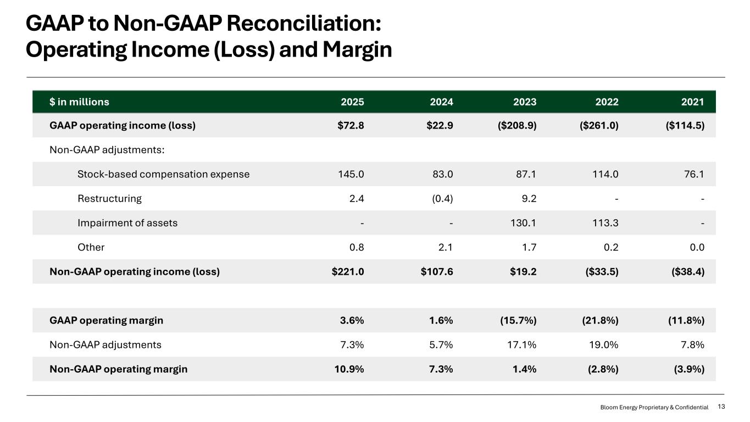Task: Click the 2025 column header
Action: [x=352, y=102]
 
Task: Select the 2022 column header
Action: [x=607, y=102]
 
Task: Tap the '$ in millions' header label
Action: [x=79, y=102]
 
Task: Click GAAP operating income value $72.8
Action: [x=351, y=126]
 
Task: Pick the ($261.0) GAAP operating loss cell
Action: [x=599, y=126]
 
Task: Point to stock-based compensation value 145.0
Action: [x=351, y=174]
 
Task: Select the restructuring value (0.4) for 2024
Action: [x=442, y=198]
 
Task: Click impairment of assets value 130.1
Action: [x=523, y=223]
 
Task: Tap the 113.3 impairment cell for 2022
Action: [x=605, y=223]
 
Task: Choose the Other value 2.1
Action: [x=445, y=247]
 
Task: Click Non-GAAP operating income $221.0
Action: [x=348, y=271]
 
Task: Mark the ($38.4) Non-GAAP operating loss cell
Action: [x=688, y=271]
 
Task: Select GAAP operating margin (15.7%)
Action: [x=518, y=320]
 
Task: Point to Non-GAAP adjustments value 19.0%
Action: [x=604, y=345]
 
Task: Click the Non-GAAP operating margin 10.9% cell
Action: [x=349, y=369]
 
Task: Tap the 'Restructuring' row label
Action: [x=109, y=198]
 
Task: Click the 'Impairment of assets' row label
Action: [x=127, y=223]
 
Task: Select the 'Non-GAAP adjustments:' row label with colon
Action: [x=107, y=149]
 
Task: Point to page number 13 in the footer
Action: [x=721, y=407]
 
